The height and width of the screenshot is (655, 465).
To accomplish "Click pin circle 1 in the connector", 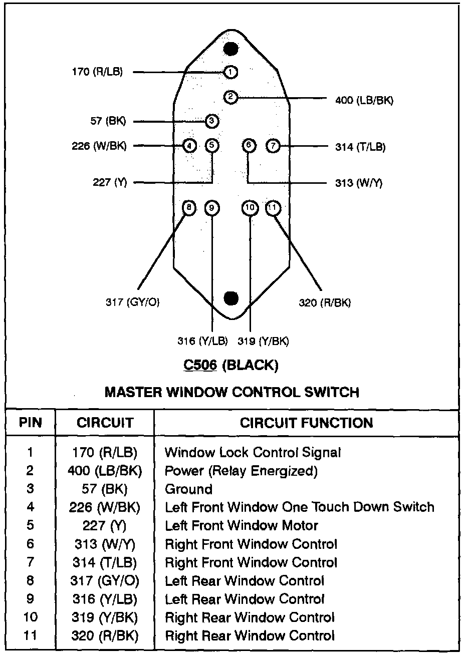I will click(231, 72).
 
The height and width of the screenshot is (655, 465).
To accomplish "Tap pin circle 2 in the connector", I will click(230, 97).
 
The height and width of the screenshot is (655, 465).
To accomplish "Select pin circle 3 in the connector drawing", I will click(212, 121).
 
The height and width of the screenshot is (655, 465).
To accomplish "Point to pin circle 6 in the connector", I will click(249, 146).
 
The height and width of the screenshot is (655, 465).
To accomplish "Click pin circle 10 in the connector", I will click(250, 208).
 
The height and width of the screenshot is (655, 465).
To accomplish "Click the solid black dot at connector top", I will click(231, 49).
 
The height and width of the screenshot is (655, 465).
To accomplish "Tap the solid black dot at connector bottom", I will click(231, 298).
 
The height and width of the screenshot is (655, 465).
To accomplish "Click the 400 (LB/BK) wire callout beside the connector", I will click(364, 101).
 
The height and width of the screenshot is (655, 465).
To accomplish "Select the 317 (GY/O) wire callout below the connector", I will click(133, 302).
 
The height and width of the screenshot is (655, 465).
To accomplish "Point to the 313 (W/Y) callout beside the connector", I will click(359, 183).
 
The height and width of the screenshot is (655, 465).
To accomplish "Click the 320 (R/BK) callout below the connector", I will click(325, 302).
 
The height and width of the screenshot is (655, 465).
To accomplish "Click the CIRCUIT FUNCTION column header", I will click(306, 423).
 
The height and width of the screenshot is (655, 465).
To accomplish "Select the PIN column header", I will click(30, 423).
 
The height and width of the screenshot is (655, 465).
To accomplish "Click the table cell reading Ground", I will click(189, 489).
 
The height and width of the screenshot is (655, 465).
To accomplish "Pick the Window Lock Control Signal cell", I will click(253, 453).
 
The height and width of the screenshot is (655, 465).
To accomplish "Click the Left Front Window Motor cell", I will click(242, 526).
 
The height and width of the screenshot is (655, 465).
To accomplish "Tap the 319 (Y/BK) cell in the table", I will click(104, 617).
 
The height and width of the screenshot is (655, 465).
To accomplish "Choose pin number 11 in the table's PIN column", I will click(30, 636).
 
